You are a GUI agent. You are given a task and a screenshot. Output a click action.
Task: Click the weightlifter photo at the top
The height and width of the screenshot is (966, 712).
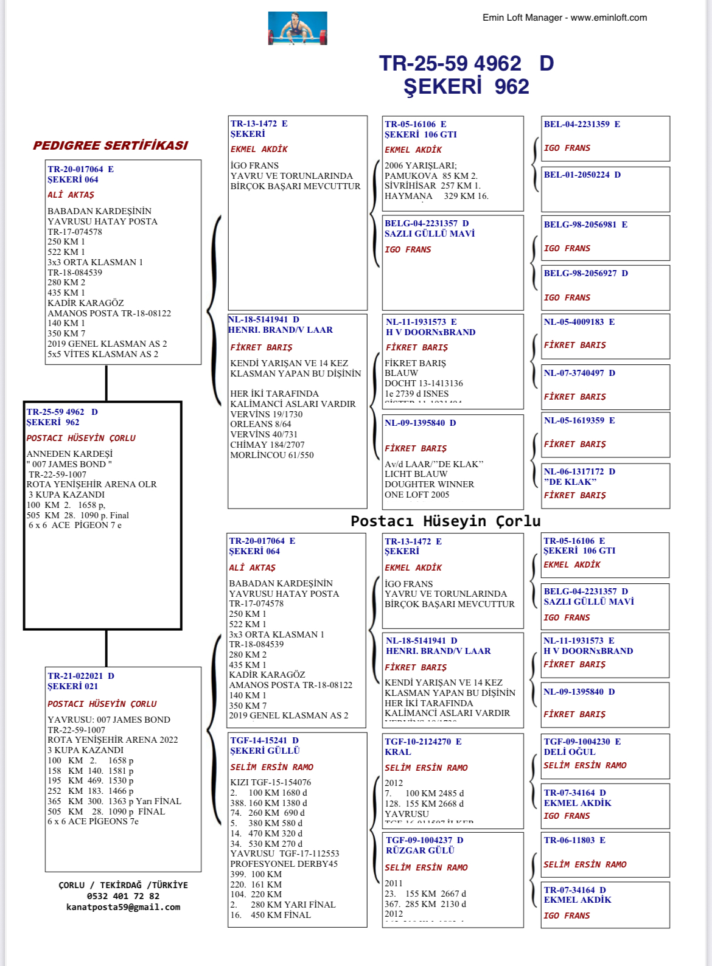point(298,28)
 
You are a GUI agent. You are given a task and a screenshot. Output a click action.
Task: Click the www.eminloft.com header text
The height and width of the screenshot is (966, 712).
point(609,18)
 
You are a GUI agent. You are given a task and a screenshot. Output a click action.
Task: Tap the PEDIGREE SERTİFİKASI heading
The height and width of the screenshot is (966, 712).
point(110,145)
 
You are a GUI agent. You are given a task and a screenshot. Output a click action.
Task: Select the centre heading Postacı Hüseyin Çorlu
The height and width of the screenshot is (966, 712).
point(445,521)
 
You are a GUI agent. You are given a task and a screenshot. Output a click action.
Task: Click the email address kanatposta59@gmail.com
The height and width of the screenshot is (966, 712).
point(123,907)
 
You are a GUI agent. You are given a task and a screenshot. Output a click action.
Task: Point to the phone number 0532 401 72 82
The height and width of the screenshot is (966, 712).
point(123,896)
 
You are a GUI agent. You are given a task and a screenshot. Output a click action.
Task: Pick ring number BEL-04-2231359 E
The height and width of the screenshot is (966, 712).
point(582,124)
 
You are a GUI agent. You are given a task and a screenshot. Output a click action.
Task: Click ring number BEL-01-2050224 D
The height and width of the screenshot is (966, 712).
point(582,175)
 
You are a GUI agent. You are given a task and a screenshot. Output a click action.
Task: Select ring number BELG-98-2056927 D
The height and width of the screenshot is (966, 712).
point(585,273)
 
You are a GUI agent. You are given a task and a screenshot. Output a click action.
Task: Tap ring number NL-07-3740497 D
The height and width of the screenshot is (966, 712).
point(579,373)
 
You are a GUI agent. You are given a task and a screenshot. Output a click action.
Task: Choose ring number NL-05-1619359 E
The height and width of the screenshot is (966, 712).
point(579,420)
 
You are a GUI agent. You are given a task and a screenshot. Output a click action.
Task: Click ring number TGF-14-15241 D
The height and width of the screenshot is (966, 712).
point(264,740)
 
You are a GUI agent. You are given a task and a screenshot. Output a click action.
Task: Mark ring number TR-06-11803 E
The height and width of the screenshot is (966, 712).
point(574,840)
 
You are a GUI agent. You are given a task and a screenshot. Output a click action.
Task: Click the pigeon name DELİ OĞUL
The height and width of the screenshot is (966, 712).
point(570,752)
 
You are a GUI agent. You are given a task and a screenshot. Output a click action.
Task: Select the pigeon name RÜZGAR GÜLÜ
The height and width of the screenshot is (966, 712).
point(420,850)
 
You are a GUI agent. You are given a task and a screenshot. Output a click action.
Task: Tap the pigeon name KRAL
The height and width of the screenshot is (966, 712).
point(398,752)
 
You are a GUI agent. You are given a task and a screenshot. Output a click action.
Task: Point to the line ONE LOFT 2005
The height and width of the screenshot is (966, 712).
point(417,495)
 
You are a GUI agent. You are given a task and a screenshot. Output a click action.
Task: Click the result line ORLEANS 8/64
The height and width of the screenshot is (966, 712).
point(260,424)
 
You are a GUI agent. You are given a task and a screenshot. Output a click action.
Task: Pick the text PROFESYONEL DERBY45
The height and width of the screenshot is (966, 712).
point(284,864)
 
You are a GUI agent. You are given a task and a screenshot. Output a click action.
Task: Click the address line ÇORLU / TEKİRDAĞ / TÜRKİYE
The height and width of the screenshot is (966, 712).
point(123,885)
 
